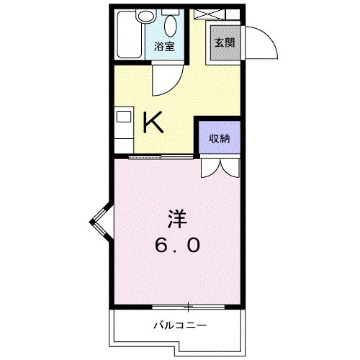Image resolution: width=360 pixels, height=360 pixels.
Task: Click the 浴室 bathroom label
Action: [164, 48]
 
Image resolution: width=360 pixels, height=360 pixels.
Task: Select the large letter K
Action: [153, 123]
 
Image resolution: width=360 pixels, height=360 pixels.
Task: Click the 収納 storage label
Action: [220, 139]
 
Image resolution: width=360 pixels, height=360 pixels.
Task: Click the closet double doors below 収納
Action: [220, 168]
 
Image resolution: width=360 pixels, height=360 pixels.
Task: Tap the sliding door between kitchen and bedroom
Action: [155, 156]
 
